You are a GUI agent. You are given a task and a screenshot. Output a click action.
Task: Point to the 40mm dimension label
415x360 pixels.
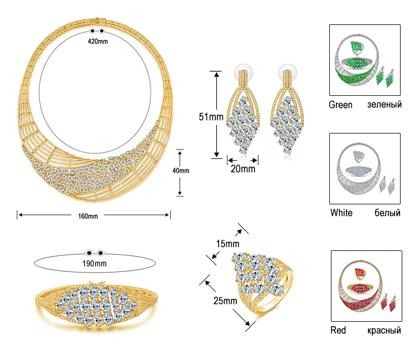pos(181,171)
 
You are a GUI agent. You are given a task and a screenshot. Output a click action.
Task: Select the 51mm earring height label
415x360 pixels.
pos(211,117)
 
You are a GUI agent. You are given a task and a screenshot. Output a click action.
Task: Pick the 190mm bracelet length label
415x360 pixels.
pos(96,263)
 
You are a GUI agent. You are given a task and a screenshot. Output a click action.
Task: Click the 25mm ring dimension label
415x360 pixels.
pos(225,301)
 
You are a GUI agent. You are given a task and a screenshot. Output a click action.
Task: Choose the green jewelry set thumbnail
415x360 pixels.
pos(364,60)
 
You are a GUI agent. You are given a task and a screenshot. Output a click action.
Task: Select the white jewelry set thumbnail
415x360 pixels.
pos(364,168)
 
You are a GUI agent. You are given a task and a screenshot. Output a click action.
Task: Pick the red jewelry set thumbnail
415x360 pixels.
pos(365,286)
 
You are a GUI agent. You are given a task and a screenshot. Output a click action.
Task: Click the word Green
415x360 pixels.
pos(340,105)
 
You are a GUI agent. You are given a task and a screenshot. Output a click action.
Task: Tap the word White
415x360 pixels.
pos(341,213)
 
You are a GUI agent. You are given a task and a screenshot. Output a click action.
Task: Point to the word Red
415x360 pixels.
pos(338,330)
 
